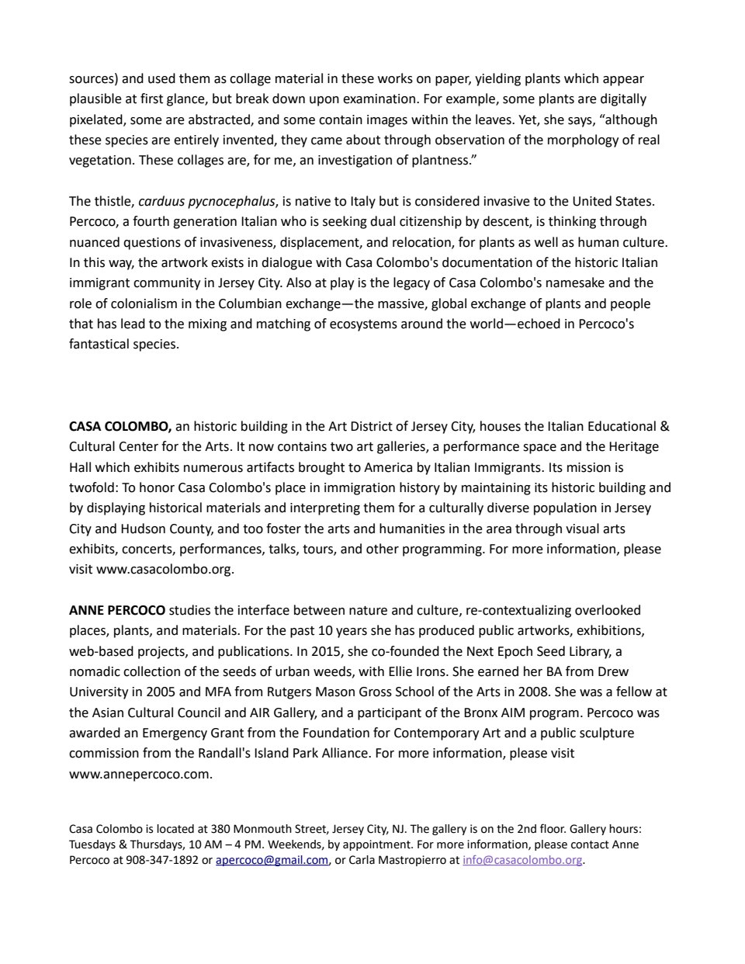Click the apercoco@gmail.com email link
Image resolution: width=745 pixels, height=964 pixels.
(272, 860)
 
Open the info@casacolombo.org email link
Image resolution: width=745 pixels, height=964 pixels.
(522, 860)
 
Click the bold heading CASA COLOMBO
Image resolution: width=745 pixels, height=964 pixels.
(120, 426)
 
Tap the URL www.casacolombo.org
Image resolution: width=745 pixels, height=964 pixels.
(165, 569)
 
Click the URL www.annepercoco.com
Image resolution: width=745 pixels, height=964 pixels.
(140, 774)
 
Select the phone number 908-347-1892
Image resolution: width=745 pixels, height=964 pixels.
(166, 860)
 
